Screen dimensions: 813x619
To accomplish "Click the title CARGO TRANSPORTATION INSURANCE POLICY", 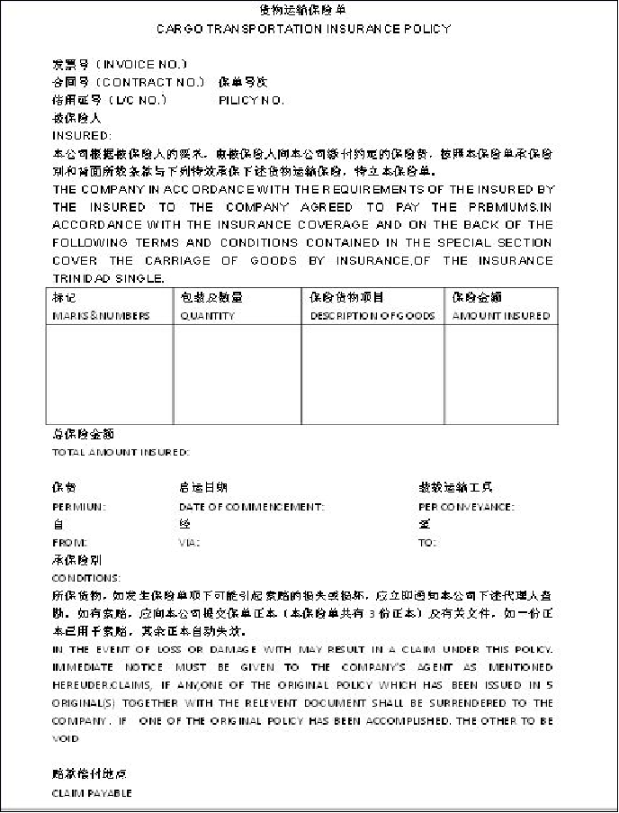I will [303, 29].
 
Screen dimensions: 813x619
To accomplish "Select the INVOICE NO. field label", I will [121, 64].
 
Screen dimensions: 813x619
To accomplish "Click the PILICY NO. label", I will [251, 100].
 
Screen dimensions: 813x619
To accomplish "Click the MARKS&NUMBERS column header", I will [101, 316].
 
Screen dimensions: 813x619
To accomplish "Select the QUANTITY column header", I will [208, 316].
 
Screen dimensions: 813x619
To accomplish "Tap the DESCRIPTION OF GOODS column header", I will [372, 316].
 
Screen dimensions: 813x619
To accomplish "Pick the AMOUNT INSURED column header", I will [501, 316].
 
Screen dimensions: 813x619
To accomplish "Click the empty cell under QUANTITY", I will [237, 374].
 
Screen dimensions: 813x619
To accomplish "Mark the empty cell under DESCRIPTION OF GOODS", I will [372, 374].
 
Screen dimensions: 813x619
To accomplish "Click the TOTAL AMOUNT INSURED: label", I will [121, 452].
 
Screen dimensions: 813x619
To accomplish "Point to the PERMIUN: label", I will [79, 507].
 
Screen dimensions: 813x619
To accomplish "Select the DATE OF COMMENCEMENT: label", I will [251, 507].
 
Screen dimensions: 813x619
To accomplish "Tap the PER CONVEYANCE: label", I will [466, 507].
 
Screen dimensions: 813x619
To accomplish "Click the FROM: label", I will [70, 543].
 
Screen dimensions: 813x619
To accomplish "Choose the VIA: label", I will [189, 543].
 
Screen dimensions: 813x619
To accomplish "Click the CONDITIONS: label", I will [86, 578].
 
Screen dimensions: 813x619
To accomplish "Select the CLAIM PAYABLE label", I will [92, 793].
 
